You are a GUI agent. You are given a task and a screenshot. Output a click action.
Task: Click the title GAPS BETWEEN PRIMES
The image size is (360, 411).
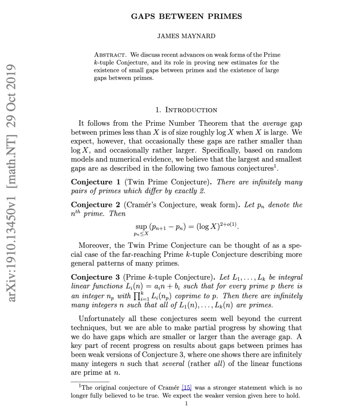tap(186, 16)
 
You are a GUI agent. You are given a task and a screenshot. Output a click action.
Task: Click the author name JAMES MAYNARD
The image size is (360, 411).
tap(186, 36)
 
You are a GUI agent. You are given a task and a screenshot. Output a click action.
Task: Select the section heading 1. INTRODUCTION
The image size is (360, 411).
tap(186, 110)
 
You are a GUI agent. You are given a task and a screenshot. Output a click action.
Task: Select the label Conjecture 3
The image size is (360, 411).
tap(95, 277)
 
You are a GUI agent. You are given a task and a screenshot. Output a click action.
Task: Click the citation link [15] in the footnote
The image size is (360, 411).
tap(186, 388)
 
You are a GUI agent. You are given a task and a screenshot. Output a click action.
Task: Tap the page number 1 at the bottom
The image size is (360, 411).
tap(186, 403)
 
